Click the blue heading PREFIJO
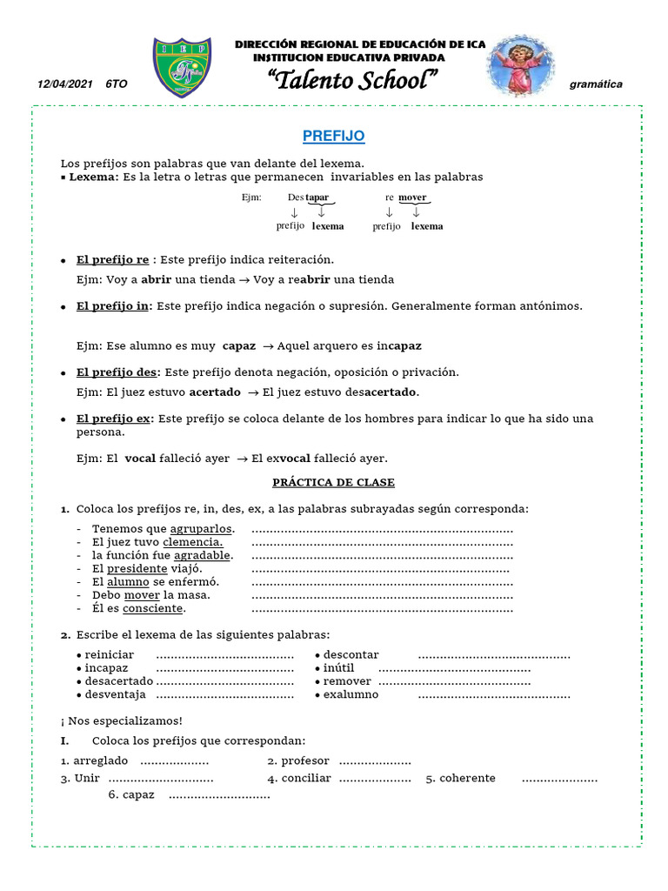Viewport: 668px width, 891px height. pos(333,137)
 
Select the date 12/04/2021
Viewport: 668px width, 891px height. pos(65,84)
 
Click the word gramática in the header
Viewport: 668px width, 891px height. pos(596,84)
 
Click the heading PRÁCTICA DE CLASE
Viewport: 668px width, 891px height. pos(333,482)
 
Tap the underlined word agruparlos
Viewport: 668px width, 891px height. pos(201,529)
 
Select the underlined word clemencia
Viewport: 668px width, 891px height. pos(193,542)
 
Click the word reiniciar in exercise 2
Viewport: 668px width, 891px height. pos(110,654)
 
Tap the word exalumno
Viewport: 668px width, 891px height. pos(351,694)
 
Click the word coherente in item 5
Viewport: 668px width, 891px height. pos(467,778)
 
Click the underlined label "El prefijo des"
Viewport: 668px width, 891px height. pos(117,372)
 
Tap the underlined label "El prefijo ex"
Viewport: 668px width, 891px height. pos(114,419)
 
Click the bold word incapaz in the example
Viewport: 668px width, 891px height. pos(398,345)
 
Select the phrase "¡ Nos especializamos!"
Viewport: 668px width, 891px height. pos(122,720)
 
